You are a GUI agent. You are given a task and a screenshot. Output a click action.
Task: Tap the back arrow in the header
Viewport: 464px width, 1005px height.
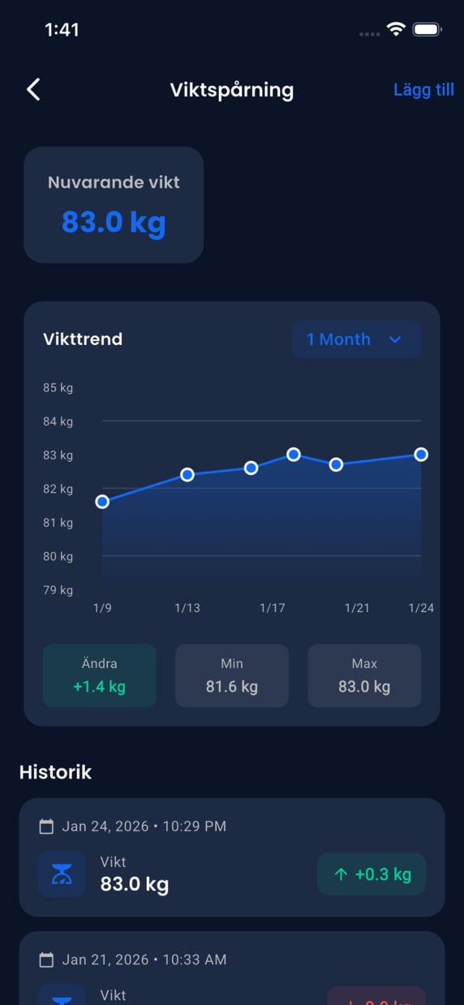(33, 89)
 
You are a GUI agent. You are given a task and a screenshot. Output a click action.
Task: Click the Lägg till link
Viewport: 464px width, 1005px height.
(423, 89)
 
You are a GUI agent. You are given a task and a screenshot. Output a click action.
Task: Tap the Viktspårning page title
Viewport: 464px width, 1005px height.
(231, 89)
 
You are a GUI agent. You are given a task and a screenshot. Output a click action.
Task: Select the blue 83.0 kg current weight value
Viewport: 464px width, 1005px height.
(114, 222)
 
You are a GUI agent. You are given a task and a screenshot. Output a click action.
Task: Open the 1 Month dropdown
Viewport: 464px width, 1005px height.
(355, 339)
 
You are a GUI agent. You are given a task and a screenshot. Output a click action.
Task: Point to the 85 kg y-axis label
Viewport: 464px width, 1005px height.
(58, 388)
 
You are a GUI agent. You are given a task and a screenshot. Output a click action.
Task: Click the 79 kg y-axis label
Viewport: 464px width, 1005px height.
(58, 590)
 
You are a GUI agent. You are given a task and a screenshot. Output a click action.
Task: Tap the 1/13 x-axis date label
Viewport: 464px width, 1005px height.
(187, 608)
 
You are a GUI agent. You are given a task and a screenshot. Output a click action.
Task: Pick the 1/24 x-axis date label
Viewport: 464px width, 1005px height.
(421, 608)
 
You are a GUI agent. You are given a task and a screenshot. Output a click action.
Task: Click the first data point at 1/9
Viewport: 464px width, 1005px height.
(102, 502)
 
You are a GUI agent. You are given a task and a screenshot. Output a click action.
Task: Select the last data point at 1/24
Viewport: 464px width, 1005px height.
(421, 455)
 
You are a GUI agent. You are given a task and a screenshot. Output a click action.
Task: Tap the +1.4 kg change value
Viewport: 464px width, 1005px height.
(99, 687)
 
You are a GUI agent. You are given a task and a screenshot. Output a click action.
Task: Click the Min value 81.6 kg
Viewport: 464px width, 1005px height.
(232, 687)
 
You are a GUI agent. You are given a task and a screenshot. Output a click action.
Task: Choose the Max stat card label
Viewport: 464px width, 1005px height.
(364, 663)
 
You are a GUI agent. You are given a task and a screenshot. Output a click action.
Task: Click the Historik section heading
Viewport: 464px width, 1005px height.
(55, 772)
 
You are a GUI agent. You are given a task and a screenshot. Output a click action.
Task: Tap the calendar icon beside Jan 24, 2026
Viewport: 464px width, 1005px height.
(47, 826)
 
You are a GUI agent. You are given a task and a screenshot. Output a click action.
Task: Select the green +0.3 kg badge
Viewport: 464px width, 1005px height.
(372, 874)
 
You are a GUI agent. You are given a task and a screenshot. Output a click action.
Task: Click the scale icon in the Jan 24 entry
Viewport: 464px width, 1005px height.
(62, 874)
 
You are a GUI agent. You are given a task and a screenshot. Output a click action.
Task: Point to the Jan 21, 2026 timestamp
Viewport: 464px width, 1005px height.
(144, 960)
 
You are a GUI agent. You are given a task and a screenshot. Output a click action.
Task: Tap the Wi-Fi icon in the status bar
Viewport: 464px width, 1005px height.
(396, 30)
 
